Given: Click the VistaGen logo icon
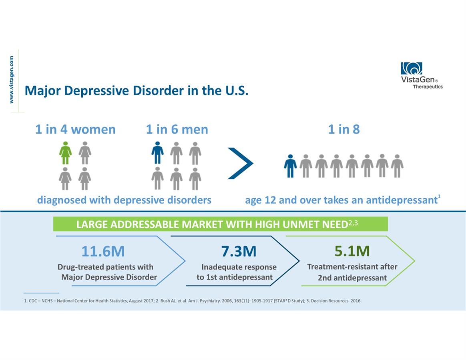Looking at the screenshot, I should click(412, 68).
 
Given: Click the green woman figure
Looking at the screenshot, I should click(66, 153).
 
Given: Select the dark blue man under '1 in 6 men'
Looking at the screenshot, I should click(157, 153).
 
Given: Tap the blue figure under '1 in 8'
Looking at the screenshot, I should click(290, 166).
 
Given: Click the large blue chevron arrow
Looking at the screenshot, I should click(241, 163).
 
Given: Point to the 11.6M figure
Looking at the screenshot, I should click(103, 251).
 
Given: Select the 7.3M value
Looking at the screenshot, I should click(239, 251).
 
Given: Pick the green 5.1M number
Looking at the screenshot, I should click(352, 251).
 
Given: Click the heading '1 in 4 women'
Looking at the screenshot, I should click(75, 130).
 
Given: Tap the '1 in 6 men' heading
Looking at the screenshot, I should click(177, 130).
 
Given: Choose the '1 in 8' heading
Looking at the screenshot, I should click(344, 130).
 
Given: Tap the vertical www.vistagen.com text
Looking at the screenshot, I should click(12, 80).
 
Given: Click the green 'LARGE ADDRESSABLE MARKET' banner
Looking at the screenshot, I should click(220, 224).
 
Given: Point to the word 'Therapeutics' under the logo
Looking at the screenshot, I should click(428, 86).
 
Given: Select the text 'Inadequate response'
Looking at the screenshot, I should click(239, 267).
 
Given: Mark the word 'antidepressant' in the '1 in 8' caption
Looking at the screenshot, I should click(405, 200).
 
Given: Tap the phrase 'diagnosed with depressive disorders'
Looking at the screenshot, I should click(124, 200).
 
